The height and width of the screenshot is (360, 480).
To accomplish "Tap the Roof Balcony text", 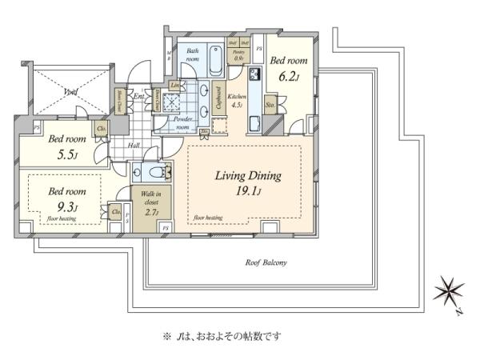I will [267, 262].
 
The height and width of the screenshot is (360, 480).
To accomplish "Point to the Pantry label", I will [238, 56].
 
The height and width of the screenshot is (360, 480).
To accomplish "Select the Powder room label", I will [182, 122].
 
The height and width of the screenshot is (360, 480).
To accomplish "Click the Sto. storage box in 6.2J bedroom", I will [270, 103].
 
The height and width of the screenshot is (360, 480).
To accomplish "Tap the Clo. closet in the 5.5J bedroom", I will [102, 129].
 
